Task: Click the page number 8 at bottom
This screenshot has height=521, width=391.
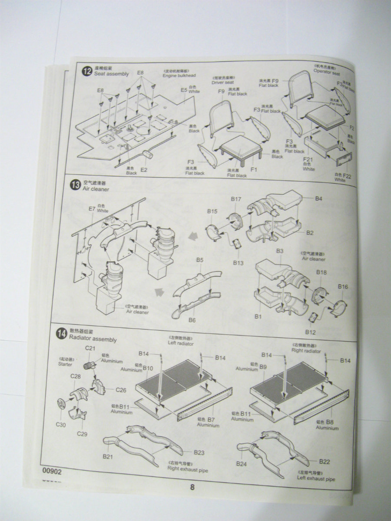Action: pos(192,487)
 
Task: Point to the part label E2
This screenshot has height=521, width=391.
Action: pos(144,170)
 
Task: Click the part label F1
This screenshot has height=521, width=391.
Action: pos(254,169)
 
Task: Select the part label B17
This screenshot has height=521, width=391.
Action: pos(236,199)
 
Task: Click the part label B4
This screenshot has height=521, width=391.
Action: pos(318,198)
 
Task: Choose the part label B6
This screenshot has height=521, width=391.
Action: pos(192,320)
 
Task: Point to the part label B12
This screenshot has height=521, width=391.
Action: pos(310,332)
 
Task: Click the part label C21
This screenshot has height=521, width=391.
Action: pos(90,348)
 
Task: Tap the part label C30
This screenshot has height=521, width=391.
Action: pos(60,425)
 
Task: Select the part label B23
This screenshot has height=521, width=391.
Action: pos(199,452)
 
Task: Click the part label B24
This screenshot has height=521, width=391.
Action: pos(242,464)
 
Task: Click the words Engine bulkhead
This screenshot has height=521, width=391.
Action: pos(179,76)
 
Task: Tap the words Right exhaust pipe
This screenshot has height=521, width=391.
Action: pos(188,470)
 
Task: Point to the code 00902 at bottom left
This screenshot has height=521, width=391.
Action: pos(52,470)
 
